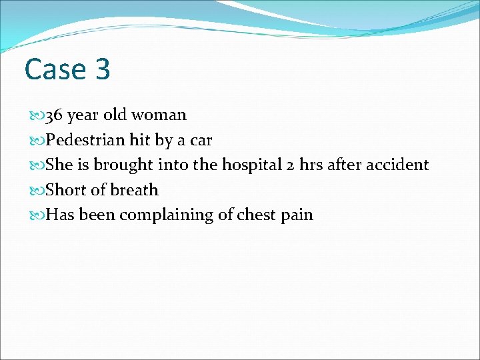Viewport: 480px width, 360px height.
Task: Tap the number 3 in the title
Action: point(102,69)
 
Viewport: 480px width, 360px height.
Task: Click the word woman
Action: point(159,115)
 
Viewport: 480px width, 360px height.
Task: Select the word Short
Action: point(66,190)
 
